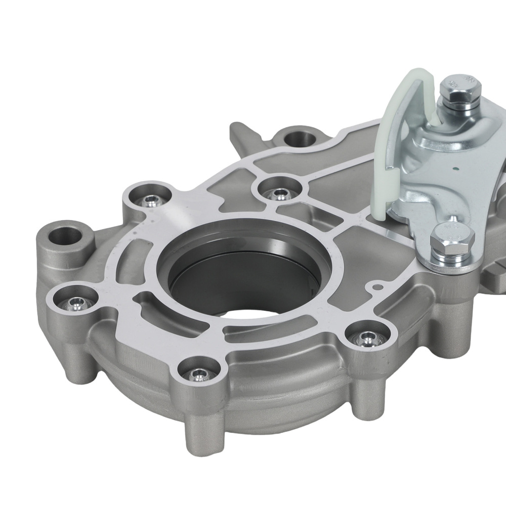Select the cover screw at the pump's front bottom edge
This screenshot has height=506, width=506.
coord(199,374)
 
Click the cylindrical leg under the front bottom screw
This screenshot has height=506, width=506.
coord(202,430)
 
